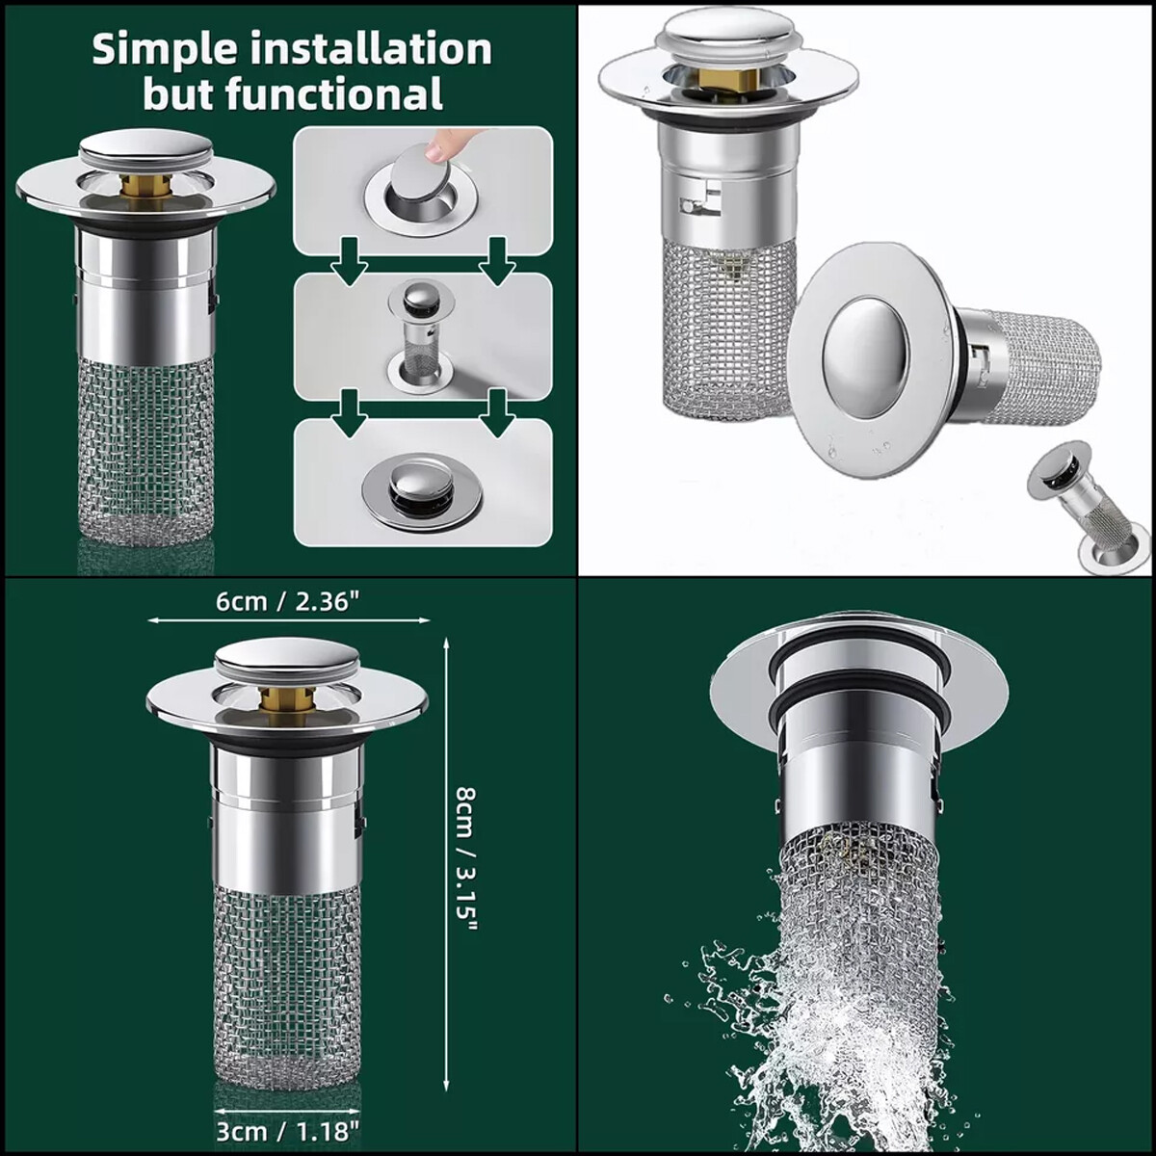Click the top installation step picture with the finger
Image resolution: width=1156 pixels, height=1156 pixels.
tap(422, 191)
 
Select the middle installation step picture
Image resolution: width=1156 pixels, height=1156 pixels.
tap(422, 335)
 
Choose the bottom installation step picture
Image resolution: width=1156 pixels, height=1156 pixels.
tap(422, 484)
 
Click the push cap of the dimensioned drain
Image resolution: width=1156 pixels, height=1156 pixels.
tap(286, 659)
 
